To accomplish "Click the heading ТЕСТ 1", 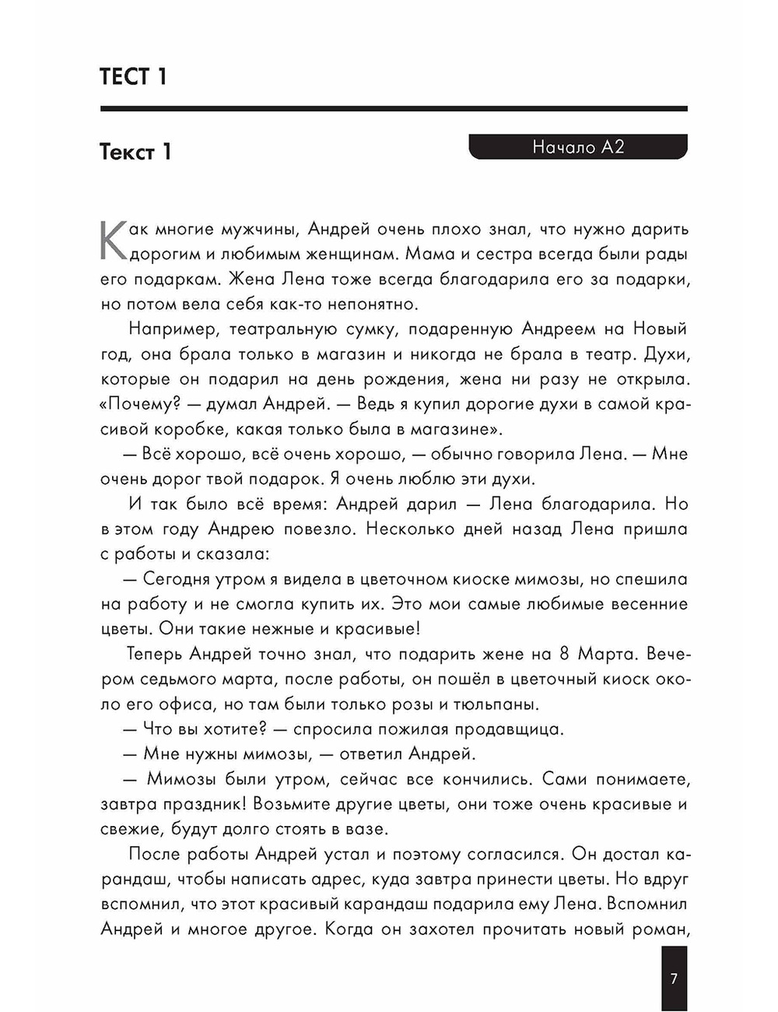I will (x=133, y=77).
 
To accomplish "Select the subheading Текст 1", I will (x=135, y=151).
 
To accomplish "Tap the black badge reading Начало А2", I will (x=578, y=147).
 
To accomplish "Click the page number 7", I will (x=674, y=979).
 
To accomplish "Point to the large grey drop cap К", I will (x=114, y=241).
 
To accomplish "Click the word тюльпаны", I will (x=493, y=705).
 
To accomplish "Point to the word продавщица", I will (x=509, y=729).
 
